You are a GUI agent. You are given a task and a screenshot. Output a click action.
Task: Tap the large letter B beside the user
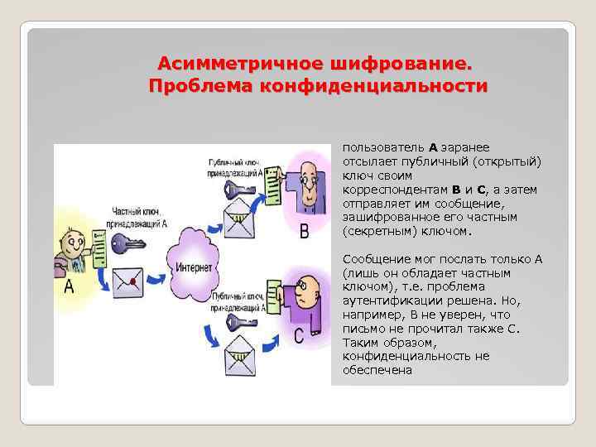click(x=304, y=230)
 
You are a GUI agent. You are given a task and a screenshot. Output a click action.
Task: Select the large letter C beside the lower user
click(x=300, y=337)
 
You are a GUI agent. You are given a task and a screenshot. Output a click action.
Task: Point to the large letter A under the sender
click(x=69, y=287)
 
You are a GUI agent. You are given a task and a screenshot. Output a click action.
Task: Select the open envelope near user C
click(x=237, y=348)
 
